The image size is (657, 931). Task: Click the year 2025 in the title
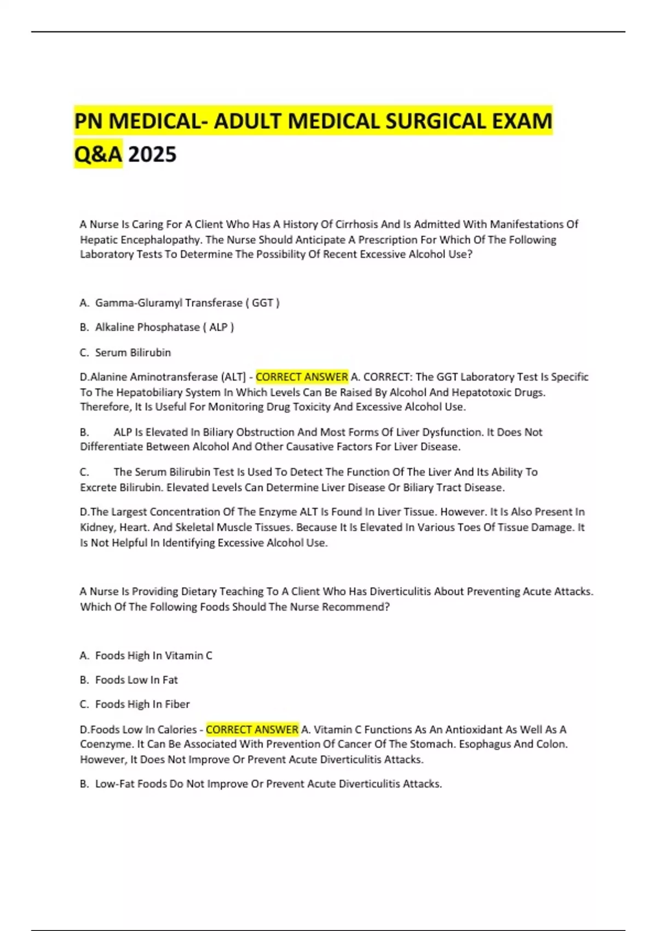pyautogui.click(x=152, y=154)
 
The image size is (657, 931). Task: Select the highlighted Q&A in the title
pyautogui.click(x=98, y=154)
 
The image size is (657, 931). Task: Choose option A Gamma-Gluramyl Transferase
pyautogui.click(x=180, y=303)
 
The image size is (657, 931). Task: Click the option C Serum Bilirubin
pyautogui.click(x=132, y=353)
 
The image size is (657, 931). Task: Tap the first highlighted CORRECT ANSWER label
pyautogui.click(x=302, y=377)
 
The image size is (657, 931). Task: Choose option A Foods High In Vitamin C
pyautogui.click(x=153, y=656)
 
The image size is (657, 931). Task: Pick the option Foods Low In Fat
pyautogui.click(x=136, y=680)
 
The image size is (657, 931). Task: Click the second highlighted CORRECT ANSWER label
pyautogui.click(x=252, y=730)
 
